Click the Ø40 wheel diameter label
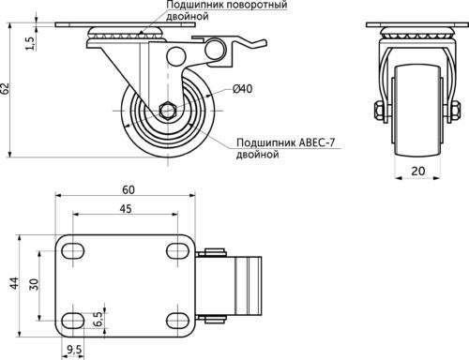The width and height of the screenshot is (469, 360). [x=243, y=89]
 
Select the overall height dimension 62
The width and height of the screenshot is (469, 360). [x=5, y=88]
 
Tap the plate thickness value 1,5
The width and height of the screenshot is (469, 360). [x=29, y=43]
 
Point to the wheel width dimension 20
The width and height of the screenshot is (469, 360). [x=418, y=171]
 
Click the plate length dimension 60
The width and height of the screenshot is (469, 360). [x=129, y=189]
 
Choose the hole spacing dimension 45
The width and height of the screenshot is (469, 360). [x=126, y=209]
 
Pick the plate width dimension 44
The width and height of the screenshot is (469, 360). [x=14, y=283]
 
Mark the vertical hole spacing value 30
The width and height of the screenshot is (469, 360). [x=34, y=284]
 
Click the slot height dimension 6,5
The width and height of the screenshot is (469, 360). [x=98, y=319]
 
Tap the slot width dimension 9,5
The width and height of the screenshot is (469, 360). [x=74, y=350]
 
